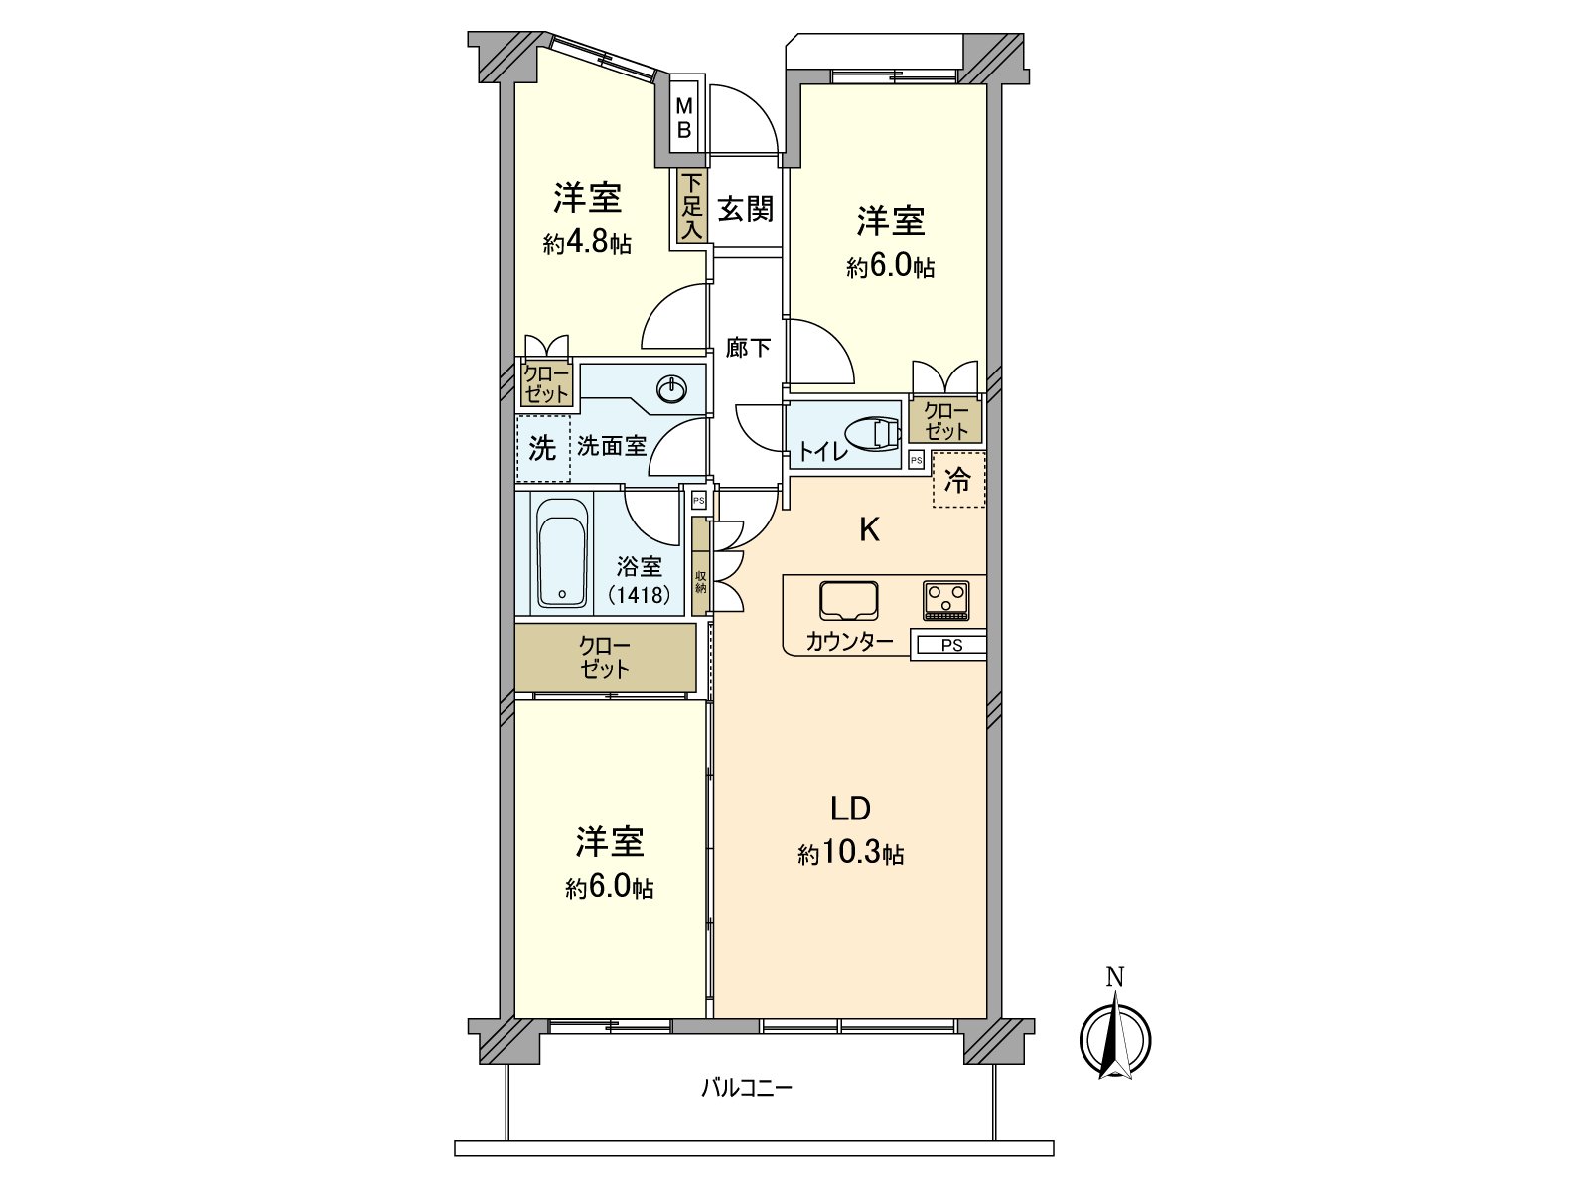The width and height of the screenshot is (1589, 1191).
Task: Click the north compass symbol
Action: (x=1115, y=1038)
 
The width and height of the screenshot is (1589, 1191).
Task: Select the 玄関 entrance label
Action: (x=746, y=209)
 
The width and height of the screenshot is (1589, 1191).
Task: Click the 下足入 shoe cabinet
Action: (x=691, y=207)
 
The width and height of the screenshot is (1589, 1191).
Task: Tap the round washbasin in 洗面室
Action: (x=672, y=389)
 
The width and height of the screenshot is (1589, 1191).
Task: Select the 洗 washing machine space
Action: (x=542, y=448)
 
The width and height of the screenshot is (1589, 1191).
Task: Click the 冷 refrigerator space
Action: (x=958, y=480)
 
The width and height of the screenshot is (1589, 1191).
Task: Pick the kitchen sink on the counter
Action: (x=849, y=599)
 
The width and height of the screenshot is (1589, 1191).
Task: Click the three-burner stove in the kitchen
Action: (x=945, y=599)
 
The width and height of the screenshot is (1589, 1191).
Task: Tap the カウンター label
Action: (x=849, y=642)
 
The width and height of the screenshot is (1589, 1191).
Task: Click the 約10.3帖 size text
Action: (x=850, y=854)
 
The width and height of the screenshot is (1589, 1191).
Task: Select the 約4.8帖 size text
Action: (x=587, y=243)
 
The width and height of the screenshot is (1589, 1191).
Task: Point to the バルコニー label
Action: (x=747, y=1088)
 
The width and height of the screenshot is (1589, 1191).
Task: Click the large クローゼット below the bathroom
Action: (x=605, y=658)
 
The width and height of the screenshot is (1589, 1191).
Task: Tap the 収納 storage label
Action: (x=701, y=581)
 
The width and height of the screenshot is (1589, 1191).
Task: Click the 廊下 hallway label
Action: (x=748, y=348)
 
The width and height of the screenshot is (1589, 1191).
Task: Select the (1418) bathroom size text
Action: (x=640, y=595)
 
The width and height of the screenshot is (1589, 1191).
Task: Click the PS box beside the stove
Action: (x=951, y=645)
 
